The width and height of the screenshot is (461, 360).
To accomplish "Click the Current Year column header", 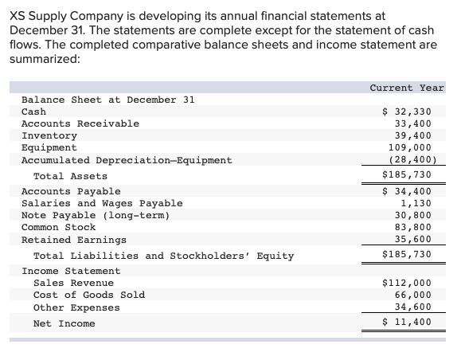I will click(x=407, y=88).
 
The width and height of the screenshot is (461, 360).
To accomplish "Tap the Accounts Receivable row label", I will click(x=80, y=123).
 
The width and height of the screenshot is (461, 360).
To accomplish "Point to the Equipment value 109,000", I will click(x=413, y=147).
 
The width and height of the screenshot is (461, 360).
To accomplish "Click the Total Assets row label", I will click(x=70, y=176).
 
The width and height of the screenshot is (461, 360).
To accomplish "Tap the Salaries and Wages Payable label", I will click(x=101, y=203).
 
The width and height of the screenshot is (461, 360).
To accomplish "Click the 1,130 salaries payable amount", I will click(x=419, y=203).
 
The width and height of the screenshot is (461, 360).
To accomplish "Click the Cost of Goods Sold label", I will click(x=88, y=295).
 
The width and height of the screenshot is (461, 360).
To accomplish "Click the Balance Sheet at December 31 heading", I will click(x=107, y=100).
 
